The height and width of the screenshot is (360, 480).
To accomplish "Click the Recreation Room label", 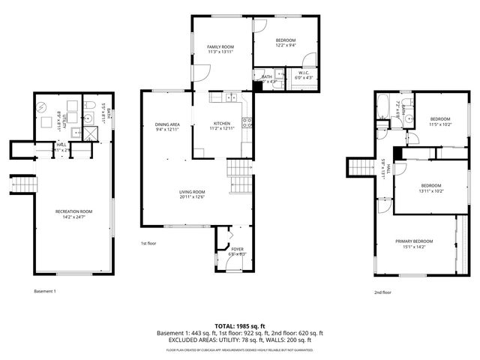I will pos(73,211).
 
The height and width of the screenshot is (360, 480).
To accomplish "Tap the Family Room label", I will pos(221,47).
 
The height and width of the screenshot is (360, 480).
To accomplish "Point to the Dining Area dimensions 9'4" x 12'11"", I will pos(167,130).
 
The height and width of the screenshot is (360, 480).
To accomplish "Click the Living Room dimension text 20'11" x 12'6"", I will pos(192,197).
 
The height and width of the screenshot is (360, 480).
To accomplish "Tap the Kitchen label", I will pos(223,123).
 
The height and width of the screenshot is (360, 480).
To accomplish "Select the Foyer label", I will pos(237,248).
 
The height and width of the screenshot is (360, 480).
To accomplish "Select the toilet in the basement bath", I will pos(88,106).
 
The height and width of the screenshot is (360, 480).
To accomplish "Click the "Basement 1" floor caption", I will pos(45,291).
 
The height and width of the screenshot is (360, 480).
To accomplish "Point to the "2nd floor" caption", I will pos(382,292).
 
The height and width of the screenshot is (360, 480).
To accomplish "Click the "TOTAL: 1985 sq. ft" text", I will pos(240,325).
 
